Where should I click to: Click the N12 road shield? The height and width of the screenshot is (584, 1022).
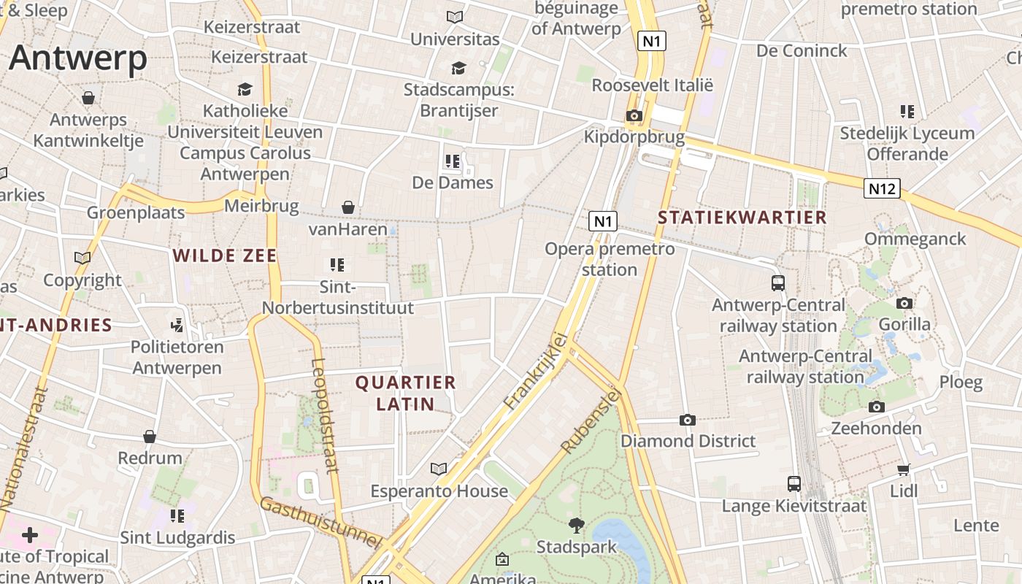point(882,189)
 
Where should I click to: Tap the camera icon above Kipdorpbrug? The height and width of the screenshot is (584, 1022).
point(634,115)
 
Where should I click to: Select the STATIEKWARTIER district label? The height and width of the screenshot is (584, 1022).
point(742,218)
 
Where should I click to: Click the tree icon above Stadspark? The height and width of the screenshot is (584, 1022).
point(576,525)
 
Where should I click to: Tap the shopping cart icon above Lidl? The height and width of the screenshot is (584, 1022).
point(904,469)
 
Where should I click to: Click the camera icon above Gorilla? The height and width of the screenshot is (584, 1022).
point(904,303)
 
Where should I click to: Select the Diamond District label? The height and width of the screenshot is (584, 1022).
point(688,441)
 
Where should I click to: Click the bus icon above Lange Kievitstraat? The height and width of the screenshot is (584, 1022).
point(794,483)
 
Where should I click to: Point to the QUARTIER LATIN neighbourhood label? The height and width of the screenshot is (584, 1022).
point(405,393)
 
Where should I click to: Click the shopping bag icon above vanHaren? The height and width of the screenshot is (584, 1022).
point(348,208)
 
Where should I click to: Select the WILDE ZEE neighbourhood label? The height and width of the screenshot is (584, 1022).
point(225,255)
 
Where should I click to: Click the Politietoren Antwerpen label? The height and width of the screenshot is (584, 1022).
point(176,357)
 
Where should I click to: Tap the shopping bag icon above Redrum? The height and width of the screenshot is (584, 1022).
point(150,437)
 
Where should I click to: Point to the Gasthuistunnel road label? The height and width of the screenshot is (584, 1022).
point(321,523)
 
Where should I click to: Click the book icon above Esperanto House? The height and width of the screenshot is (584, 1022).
point(439,469)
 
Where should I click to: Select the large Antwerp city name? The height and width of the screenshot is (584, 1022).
point(78,58)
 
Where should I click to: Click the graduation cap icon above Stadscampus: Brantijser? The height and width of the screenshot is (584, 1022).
point(458,68)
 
